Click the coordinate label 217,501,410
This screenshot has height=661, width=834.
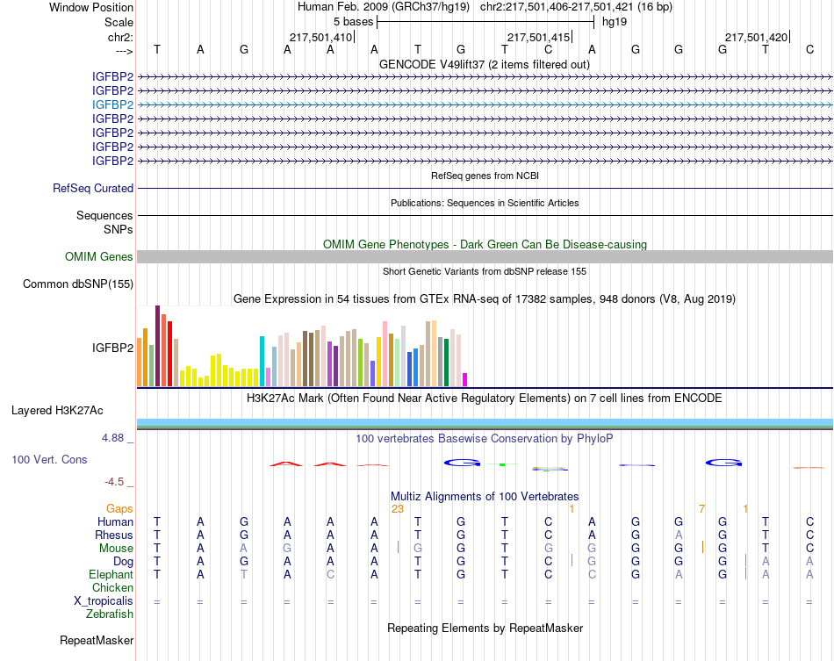[x=320, y=37]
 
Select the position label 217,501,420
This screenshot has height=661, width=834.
[x=756, y=37]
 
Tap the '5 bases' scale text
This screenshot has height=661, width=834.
[x=353, y=21]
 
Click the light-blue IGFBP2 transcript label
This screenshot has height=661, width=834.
[x=112, y=104]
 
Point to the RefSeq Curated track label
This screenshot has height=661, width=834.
[x=93, y=188]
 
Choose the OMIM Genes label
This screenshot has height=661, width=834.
[x=99, y=257]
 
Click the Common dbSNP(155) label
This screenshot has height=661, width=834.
[x=78, y=284]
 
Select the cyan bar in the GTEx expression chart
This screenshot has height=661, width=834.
[x=262, y=361]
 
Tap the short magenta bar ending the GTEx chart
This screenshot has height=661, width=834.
[x=464, y=379]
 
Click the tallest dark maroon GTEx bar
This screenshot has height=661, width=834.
[x=157, y=346]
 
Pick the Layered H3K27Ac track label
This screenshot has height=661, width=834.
[x=57, y=410]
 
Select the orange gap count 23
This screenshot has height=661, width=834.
[x=397, y=508]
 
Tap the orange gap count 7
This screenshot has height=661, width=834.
[x=701, y=508]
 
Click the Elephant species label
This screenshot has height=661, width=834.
[x=111, y=574]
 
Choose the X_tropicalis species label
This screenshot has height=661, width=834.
[x=104, y=601]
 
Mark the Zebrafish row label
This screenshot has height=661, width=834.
[x=110, y=614]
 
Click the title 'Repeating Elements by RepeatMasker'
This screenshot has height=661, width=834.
[x=485, y=629]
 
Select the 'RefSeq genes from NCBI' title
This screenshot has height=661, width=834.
[x=485, y=176]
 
